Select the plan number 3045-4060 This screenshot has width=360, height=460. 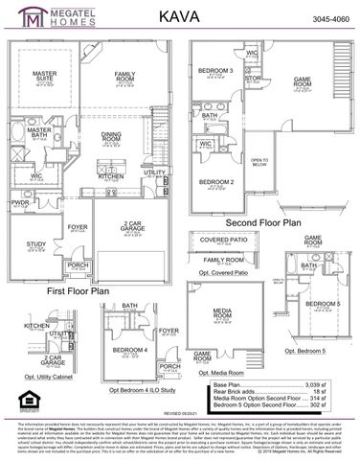point(327,18)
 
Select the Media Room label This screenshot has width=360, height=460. point(224,311)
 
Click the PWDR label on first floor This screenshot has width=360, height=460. point(20,203)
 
